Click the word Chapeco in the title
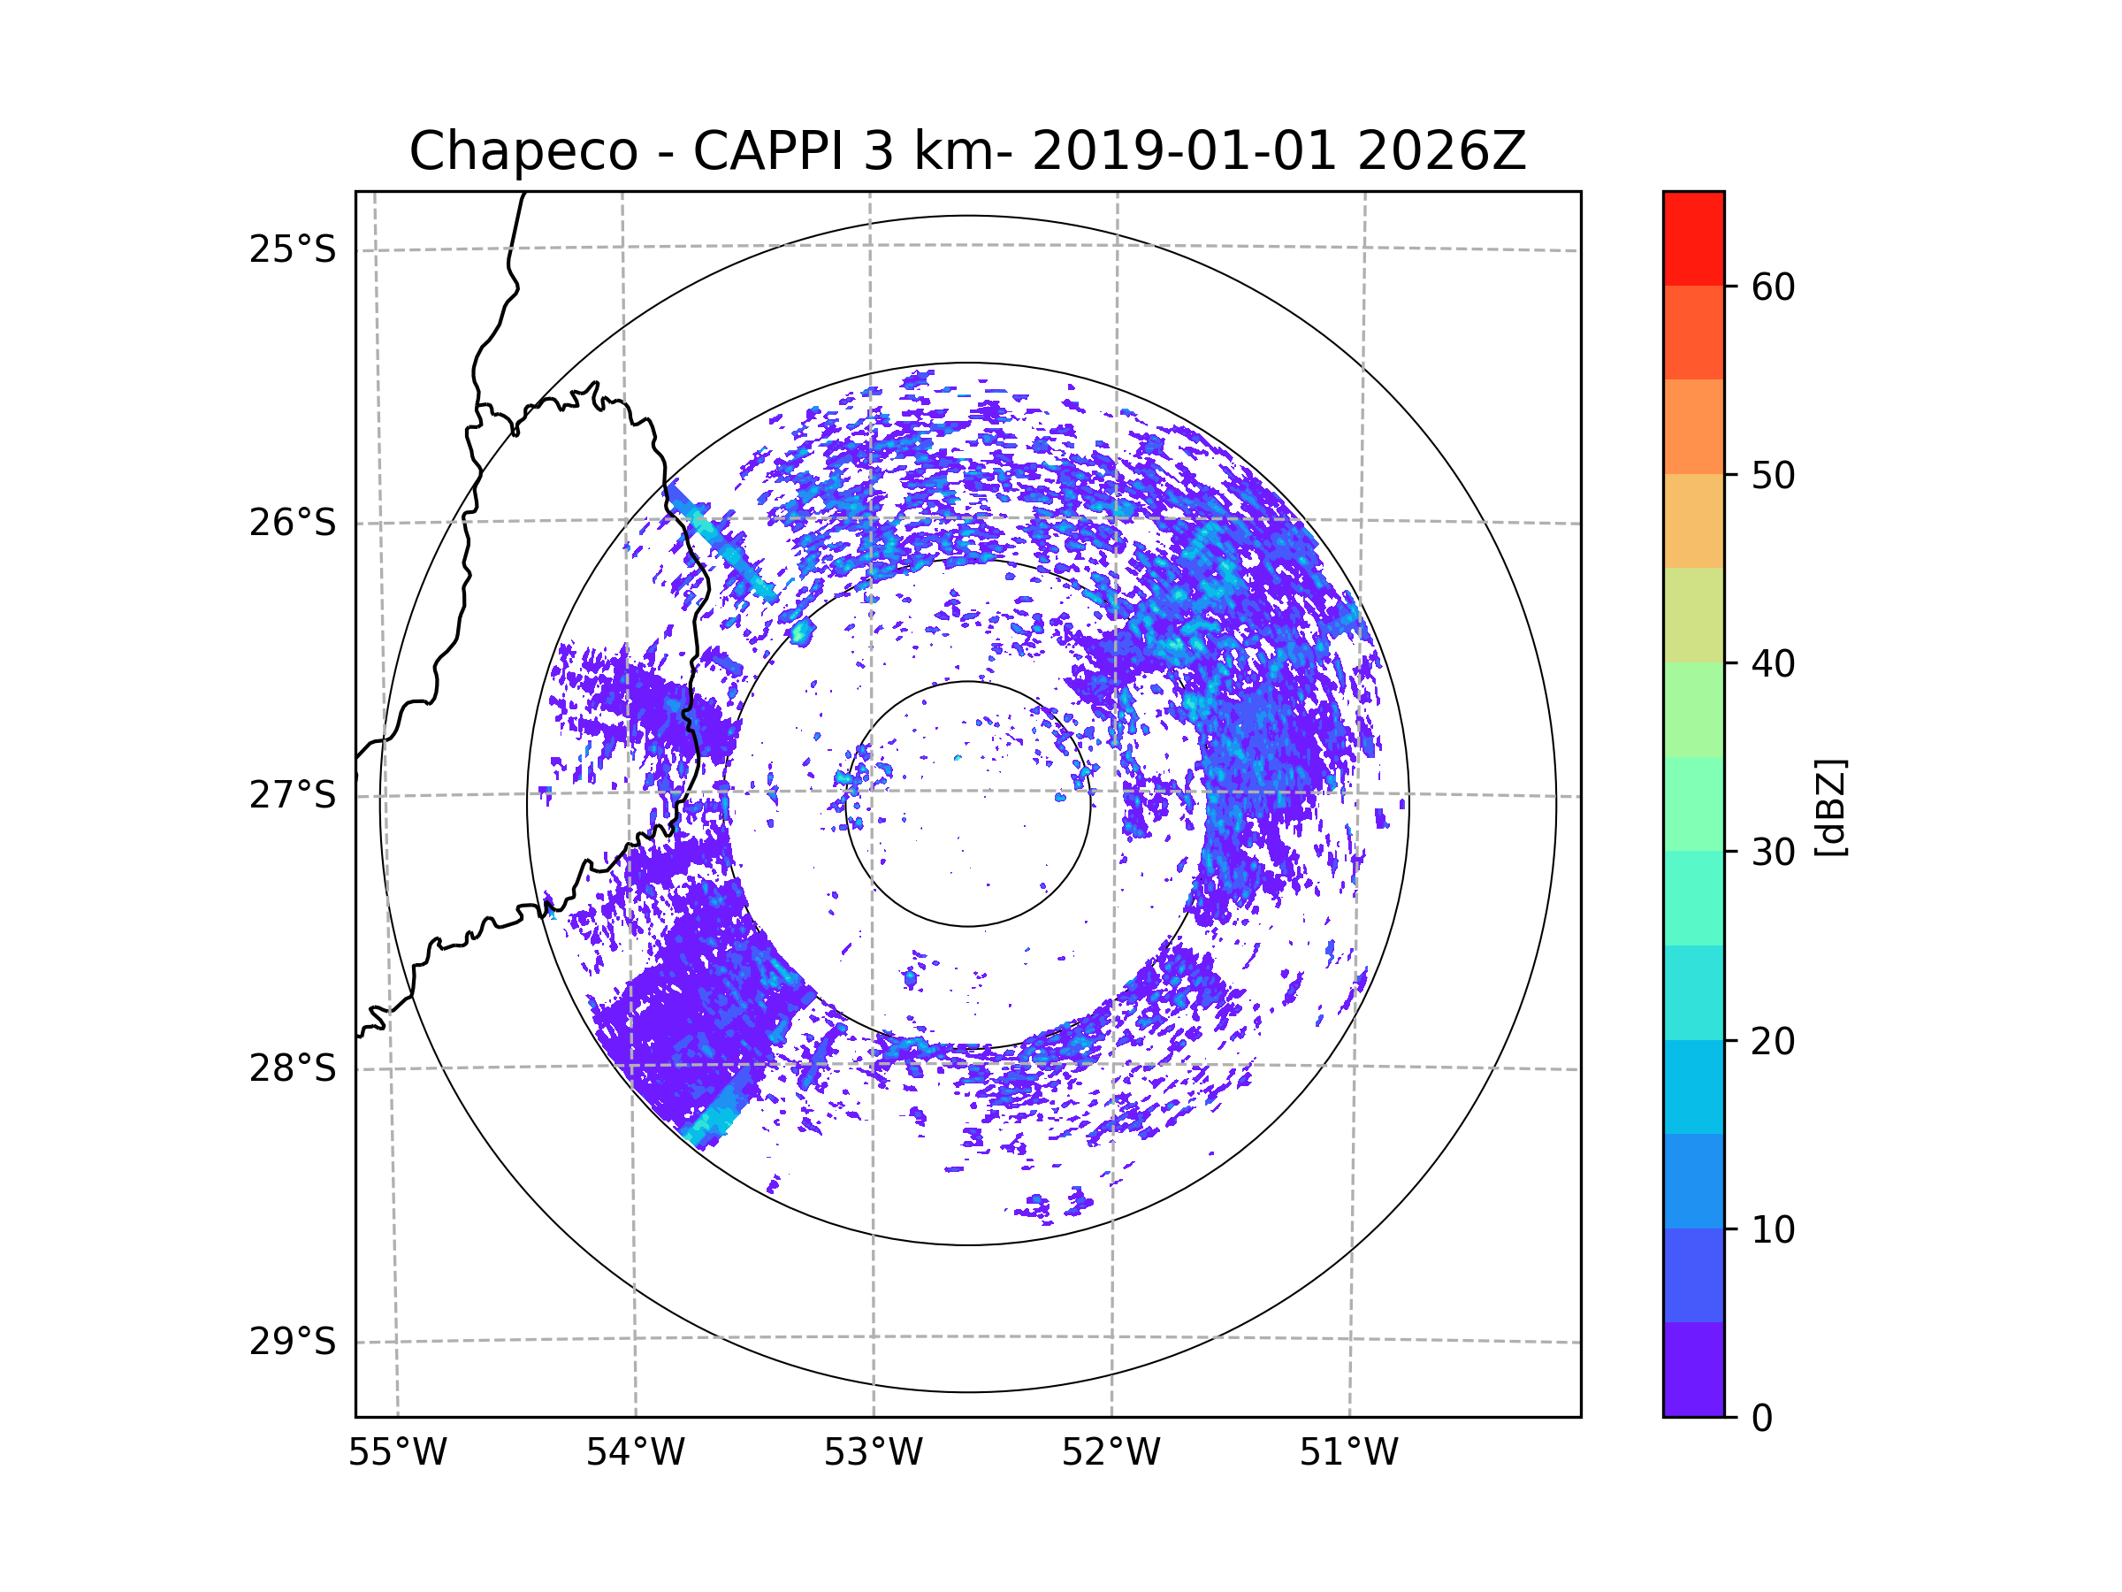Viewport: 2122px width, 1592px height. [x=523, y=151]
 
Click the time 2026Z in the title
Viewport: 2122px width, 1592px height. [x=1441, y=151]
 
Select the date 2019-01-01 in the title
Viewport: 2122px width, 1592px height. [x=1184, y=151]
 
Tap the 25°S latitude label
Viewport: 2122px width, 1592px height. [x=293, y=249]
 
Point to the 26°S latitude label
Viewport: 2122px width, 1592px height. [x=293, y=523]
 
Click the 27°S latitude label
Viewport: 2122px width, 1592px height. [x=293, y=795]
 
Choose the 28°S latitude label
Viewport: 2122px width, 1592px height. [x=293, y=1068]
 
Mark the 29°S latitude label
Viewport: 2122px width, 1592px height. [x=293, y=1342]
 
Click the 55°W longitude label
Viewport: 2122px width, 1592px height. [x=397, y=1453]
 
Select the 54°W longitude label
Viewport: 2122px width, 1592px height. [x=635, y=1453]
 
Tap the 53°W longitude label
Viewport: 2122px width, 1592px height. [x=873, y=1453]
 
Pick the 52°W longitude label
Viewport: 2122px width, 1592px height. [x=1111, y=1453]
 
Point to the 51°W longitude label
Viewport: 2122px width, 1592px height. [x=1348, y=1453]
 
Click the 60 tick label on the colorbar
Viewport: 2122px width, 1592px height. [x=1773, y=287]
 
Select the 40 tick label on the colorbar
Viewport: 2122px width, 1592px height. [x=1773, y=664]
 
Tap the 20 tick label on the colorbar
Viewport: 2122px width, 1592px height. [x=1773, y=1041]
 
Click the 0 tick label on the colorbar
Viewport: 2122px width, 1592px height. [x=1762, y=1419]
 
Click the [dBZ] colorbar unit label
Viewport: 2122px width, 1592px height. [x=1830, y=807]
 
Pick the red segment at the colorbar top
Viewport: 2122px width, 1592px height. [x=1693, y=238]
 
